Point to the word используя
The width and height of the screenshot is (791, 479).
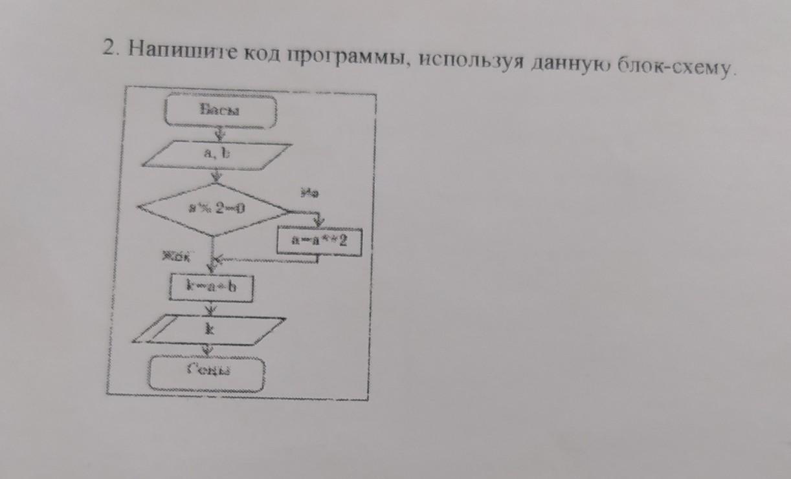(462, 61)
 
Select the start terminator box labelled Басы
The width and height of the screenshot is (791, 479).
(221, 111)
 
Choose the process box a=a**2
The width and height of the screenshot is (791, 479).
(319, 241)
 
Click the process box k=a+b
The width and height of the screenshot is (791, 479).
(211, 287)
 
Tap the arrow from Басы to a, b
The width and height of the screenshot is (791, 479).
(219, 134)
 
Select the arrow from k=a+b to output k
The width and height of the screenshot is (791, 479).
(210, 308)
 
